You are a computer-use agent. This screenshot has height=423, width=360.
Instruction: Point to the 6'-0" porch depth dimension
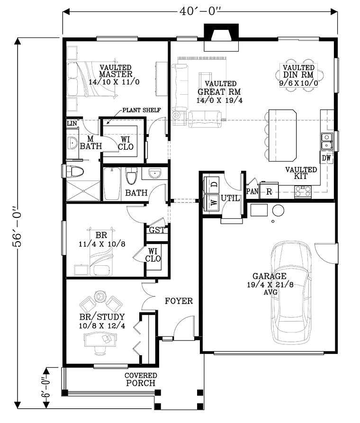coord(46,387)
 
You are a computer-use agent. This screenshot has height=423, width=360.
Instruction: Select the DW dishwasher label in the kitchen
coord(326,158)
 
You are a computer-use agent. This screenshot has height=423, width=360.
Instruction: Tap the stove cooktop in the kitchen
coord(303,192)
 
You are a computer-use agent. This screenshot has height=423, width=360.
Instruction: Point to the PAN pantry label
coord(252,191)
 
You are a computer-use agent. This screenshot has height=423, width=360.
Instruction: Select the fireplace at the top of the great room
coord(221,37)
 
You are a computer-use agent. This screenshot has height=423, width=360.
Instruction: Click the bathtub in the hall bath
coord(112,184)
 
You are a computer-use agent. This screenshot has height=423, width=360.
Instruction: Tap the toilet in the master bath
coord(75,172)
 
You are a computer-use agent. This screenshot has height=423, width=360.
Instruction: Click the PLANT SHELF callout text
coord(142,110)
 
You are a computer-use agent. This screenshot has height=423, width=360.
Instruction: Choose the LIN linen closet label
coord(72,123)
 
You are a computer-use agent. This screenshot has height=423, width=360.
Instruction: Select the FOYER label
coord(179,301)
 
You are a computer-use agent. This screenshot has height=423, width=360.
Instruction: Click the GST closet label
coord(157,230)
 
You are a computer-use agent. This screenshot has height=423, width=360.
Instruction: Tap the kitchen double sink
coord(327,141)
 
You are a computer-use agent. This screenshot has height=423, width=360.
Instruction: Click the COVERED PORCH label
coord(141,379)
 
